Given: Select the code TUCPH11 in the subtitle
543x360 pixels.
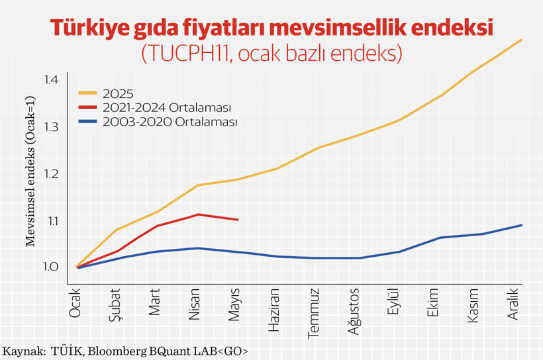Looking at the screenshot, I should pos(183,53).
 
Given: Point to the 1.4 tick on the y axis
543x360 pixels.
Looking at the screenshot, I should pos(52,79).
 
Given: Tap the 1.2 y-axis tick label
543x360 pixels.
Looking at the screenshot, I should pos(52,173).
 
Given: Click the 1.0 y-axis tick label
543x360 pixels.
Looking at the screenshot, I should pos(52,267).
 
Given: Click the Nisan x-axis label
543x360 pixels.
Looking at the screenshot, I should pos(195,304).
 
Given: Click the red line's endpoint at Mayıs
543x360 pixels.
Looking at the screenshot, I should pos(238,220).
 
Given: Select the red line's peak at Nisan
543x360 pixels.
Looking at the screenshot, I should pos(197,214).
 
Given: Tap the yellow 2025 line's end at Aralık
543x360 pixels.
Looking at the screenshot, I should pos(522,40).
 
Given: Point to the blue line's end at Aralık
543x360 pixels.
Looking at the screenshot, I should pos(522,225).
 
